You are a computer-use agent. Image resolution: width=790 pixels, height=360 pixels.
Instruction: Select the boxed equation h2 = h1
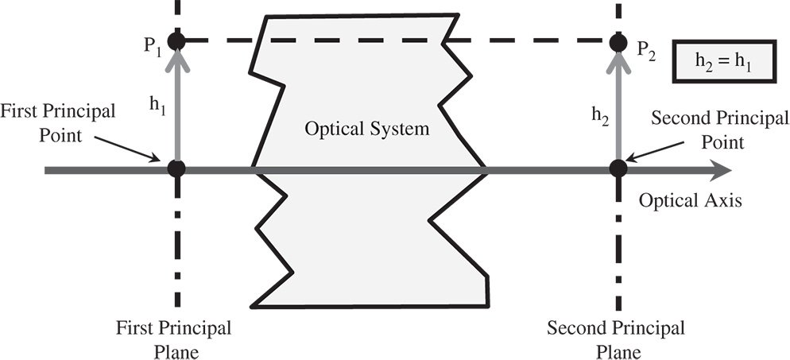(722, 61)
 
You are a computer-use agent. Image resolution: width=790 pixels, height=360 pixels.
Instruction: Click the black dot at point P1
(176, 40)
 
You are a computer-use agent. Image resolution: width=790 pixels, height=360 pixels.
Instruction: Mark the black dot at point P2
(617, 40)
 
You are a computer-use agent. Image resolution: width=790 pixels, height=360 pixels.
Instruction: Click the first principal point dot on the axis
(176, 168)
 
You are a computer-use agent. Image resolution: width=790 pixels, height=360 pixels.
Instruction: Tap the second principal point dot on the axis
(617, 168)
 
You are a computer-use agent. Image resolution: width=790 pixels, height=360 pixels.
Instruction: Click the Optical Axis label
(690, 201)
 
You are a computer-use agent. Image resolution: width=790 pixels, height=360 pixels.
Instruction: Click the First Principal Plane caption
(173, 338)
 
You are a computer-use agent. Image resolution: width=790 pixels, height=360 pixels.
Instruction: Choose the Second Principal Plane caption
(616, 338)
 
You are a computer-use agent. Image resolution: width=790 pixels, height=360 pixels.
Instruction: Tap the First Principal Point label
(58, 121)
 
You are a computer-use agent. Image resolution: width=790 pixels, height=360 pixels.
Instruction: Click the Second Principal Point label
(719, 130)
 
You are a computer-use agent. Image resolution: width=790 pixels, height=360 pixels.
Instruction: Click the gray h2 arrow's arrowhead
(617, 60)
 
